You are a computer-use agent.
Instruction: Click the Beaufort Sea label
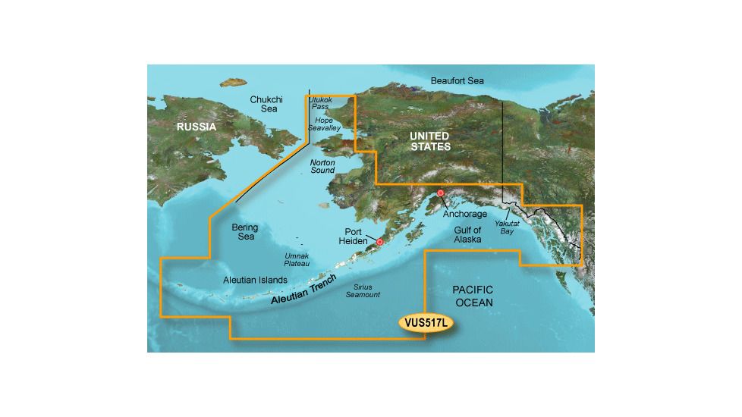[x=457, y=80]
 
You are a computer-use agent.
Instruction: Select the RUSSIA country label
[x=197, y=127]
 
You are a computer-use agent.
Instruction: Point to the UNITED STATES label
[x=429, y=141]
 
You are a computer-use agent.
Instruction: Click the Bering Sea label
[x=244, y=232]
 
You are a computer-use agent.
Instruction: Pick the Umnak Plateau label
[x=297, y=260]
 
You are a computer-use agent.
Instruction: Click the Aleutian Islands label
[x=255, y=280]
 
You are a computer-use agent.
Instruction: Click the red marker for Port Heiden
[x=380, y=243]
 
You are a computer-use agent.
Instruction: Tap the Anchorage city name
[x=465, y=215]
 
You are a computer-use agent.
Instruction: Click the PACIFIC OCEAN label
[x=473, y=296]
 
